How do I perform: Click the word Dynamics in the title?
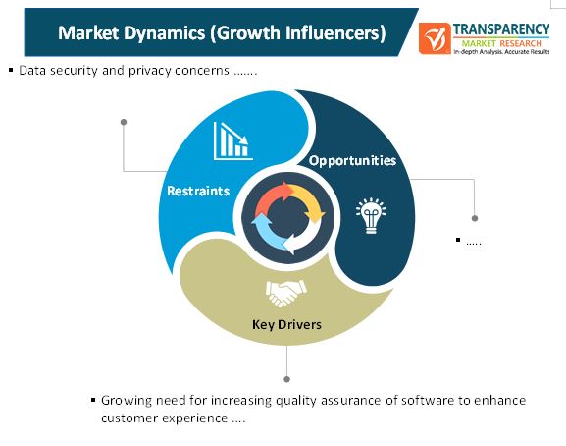coord(164,33)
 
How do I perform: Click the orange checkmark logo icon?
coord(435,38)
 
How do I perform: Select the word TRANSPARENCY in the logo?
coord(501,28)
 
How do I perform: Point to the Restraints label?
coord(198,191)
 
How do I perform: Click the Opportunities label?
coord(352,160)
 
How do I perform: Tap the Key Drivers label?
coord(286,324)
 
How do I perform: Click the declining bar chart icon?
coord(232,140)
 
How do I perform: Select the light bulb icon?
coord(371,216)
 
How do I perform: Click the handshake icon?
coord(286,293)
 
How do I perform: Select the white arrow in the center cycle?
coord(302,238)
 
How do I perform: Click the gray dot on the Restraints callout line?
coord(124,122)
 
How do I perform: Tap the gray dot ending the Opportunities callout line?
coord(475,218)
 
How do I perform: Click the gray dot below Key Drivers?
coord(287,379)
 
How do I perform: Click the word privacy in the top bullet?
coord(150,71)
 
